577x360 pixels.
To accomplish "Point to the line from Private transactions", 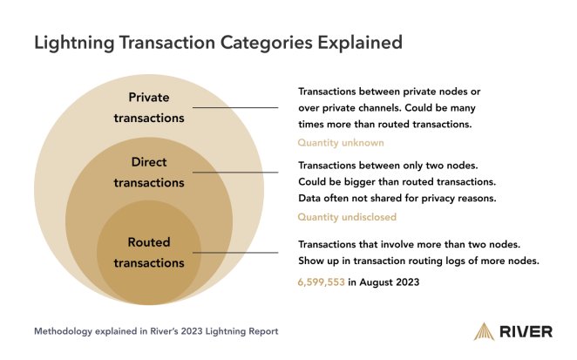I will (x=234, y=108).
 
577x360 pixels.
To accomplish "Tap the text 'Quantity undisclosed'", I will (x=347, y=217).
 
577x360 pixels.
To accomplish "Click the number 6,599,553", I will (x=321, y=282).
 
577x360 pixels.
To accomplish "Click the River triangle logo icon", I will (x=484, y=331).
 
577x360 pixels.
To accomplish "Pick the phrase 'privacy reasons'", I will (x=459, y=198).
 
